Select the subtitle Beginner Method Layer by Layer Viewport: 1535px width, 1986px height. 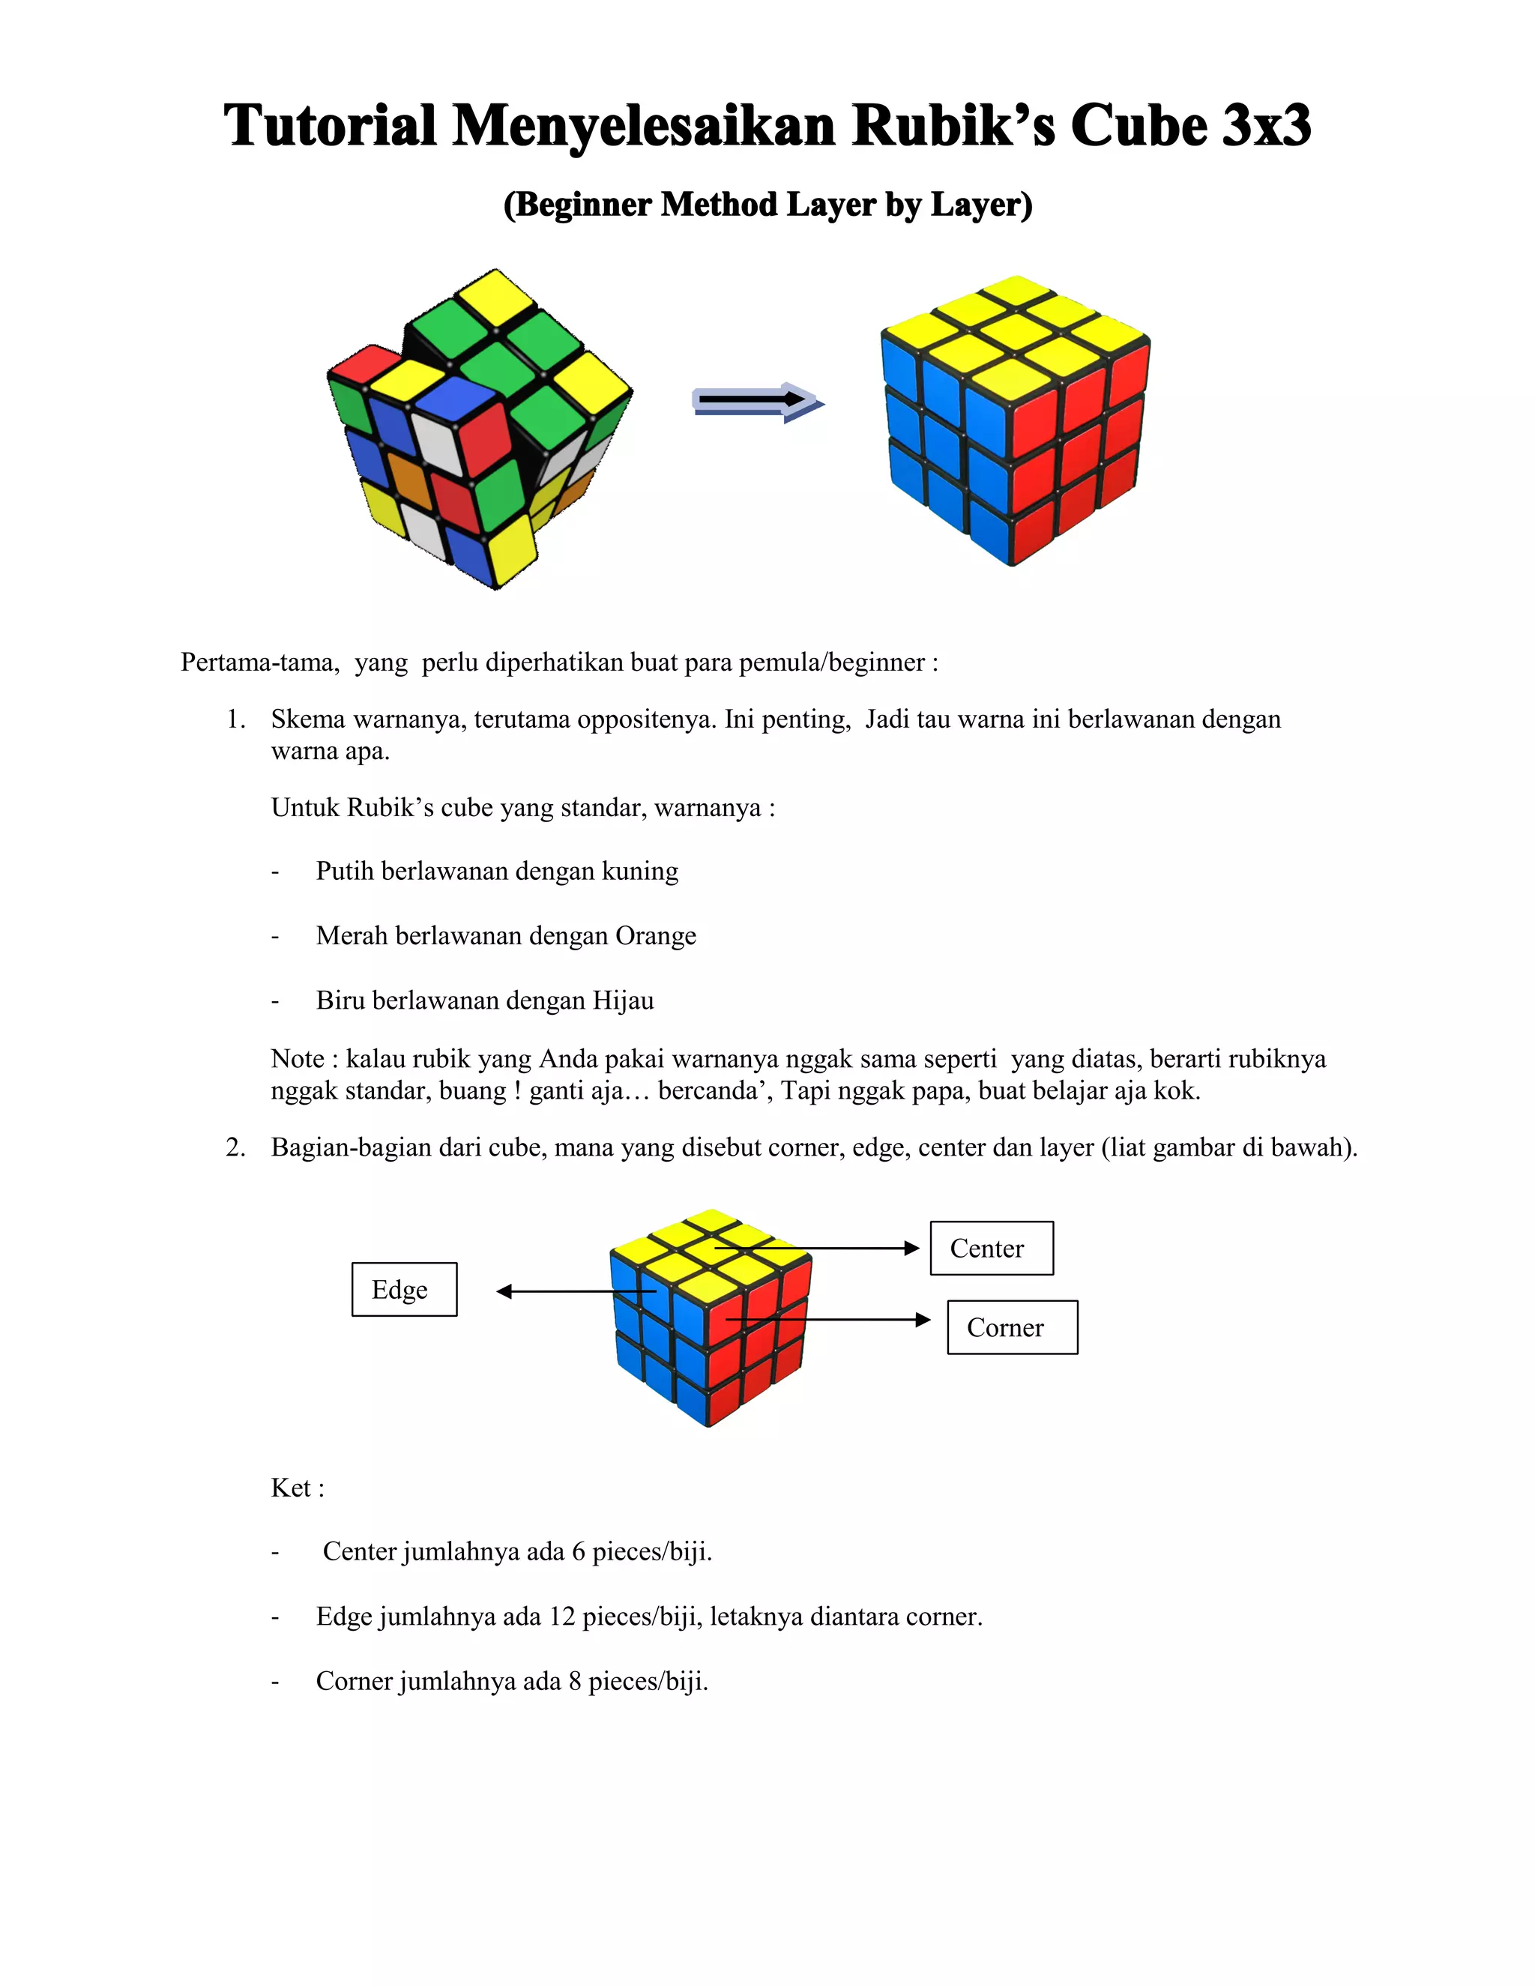[767, 205]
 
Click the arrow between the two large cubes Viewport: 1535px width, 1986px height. [758, 401]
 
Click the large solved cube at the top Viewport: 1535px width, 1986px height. [1015, 421]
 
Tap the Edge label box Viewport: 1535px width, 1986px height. [404, 1290]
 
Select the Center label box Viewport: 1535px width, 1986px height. [991, 1249]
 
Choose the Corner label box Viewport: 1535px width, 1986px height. [1011, 1328]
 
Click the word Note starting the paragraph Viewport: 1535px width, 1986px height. [298, 1058]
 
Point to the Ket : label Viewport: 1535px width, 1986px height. [298, 1488]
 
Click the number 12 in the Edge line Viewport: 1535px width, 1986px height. [562, 1617]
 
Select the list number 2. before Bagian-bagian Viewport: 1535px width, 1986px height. [235, 1147]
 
